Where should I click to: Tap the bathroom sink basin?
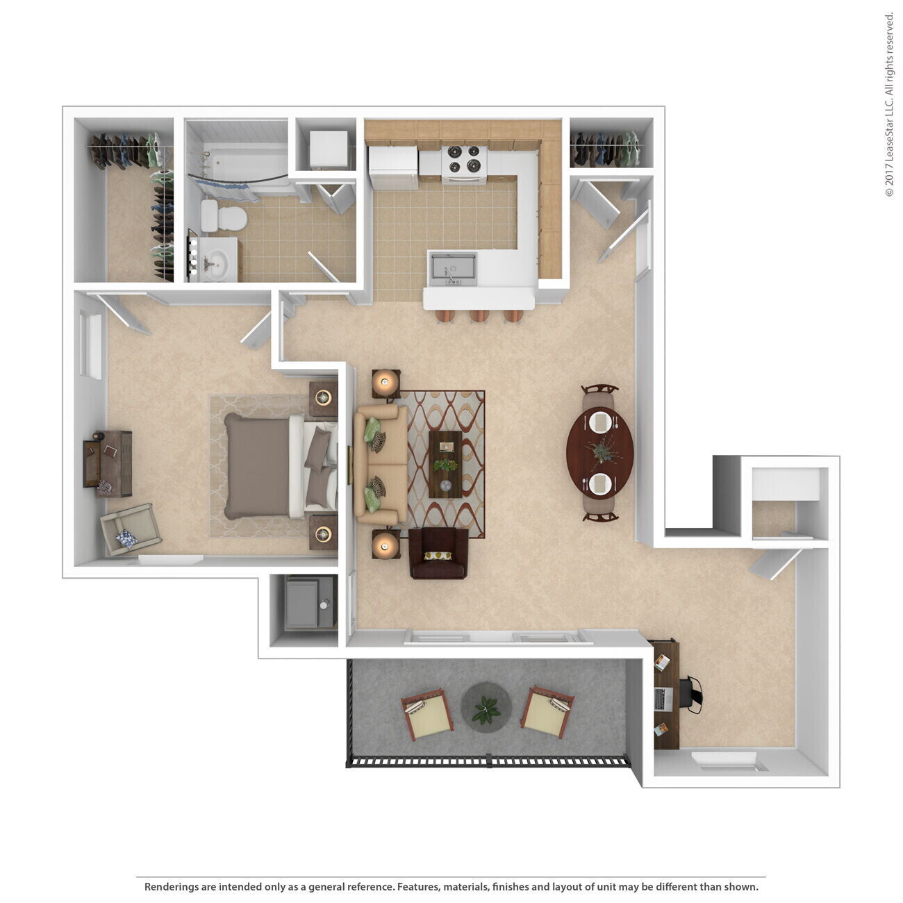(215, 263)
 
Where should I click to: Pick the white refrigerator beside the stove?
(393, 167)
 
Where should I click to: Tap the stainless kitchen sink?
(452, 269)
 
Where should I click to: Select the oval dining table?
(600, 453)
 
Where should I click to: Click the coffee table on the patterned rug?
(445, 464)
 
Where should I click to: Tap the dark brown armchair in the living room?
(438, 553)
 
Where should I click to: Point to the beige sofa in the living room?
(379, 464)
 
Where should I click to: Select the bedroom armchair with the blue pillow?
(130, 529)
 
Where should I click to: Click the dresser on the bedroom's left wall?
(108, 463)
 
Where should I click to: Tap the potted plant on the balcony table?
(486, 709)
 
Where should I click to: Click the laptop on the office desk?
(663, 699)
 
